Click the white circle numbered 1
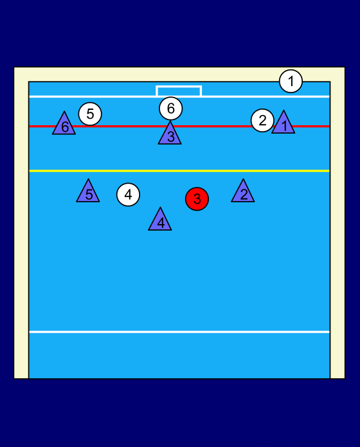[291, 82]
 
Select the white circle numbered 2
[262, 120]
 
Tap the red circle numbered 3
[197, 199]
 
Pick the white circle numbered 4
[128, 195]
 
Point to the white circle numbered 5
[90, 114]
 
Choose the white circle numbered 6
[170, 109]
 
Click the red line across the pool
[179, 126]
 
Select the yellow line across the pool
[179, 171]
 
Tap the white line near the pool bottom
[179, 332]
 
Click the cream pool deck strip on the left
[21, 223]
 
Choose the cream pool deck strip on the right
[337, 223]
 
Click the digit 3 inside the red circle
[197, 199]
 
